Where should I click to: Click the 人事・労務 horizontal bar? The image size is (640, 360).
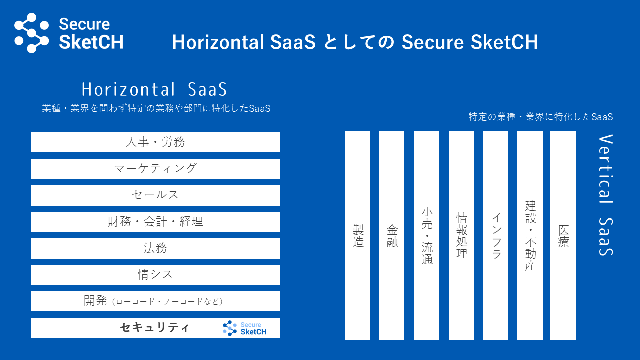[x=155, y=142]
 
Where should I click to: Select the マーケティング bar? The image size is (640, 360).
[x=155, y=169]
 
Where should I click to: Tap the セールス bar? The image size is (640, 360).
[x=155, y=195]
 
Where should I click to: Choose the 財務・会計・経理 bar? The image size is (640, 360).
[x=155, y=222]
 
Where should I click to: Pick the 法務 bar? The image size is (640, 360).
[x=155, y=248]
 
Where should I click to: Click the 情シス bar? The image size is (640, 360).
[x=155, y=275]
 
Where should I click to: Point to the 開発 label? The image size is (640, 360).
[x=95, y=301]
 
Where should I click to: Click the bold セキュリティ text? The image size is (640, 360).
[x=154, y=327]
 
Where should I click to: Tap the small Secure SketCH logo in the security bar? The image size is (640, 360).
[x=245, y=328]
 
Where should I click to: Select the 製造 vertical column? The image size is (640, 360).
[x=358, y=236]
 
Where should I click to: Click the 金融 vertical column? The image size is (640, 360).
[x=392, y=236]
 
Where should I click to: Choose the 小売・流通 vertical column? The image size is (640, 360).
[x=426, y=236]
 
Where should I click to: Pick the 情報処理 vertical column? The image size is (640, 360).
[x=461, y=236]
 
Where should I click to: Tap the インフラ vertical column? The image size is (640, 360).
[x=495, y=236]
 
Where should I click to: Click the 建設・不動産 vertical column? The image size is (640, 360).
[x=530, y=236]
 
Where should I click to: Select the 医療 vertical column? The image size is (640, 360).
[x=563, y=236]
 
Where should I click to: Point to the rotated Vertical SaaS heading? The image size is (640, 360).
[x=606, y=195]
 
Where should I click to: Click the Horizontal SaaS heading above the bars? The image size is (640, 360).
[x=154, y=89]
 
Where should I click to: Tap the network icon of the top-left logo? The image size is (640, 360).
[x=31, y=33]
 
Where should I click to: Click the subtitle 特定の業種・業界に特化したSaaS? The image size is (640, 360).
[x=541, y=117]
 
